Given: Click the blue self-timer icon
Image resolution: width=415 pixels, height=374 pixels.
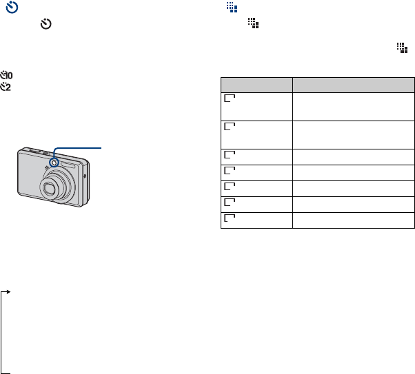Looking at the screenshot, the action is point(12,7).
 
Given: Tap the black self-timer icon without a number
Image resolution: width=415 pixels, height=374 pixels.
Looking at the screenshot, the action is point(45,24).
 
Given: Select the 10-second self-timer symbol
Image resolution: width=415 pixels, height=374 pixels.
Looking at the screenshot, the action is point(6,75).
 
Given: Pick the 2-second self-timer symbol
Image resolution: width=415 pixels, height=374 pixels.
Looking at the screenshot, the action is point(6,87).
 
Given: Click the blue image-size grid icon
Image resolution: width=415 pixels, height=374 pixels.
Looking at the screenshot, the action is point(232,7).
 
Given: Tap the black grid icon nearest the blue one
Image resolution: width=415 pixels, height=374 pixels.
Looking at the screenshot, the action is point(253,23).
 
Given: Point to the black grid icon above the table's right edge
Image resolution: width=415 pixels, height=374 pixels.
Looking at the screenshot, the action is point(402,48).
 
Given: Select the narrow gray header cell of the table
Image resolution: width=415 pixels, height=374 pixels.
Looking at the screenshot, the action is point(256,85).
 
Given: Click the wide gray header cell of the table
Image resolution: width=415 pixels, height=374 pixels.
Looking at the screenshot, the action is point(354,85).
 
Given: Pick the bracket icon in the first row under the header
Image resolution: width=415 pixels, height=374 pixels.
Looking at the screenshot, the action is point(230,98).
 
